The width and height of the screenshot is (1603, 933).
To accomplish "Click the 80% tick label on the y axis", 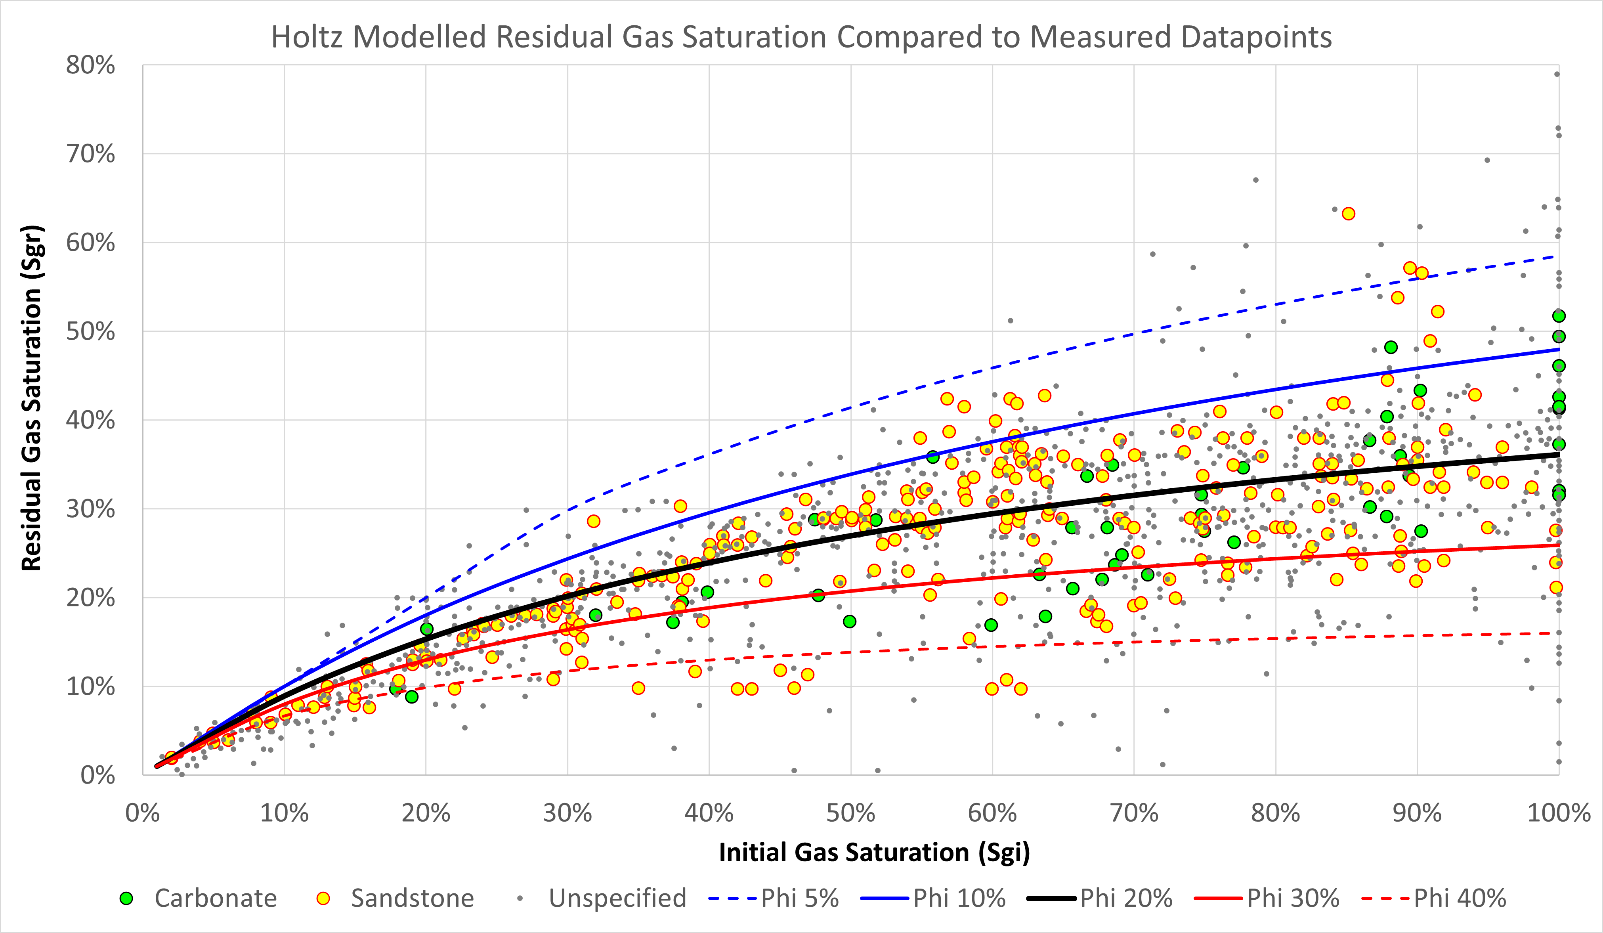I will point(91,65).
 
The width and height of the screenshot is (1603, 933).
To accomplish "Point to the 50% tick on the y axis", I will point(91,331).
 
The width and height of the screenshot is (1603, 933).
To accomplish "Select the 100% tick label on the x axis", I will point(1559,813).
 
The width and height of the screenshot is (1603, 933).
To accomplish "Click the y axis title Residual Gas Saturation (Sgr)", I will point(32,398).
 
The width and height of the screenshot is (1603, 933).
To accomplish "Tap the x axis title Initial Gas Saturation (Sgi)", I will point(874,852).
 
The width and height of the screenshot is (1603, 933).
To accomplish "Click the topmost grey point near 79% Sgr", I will point(1557,74).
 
